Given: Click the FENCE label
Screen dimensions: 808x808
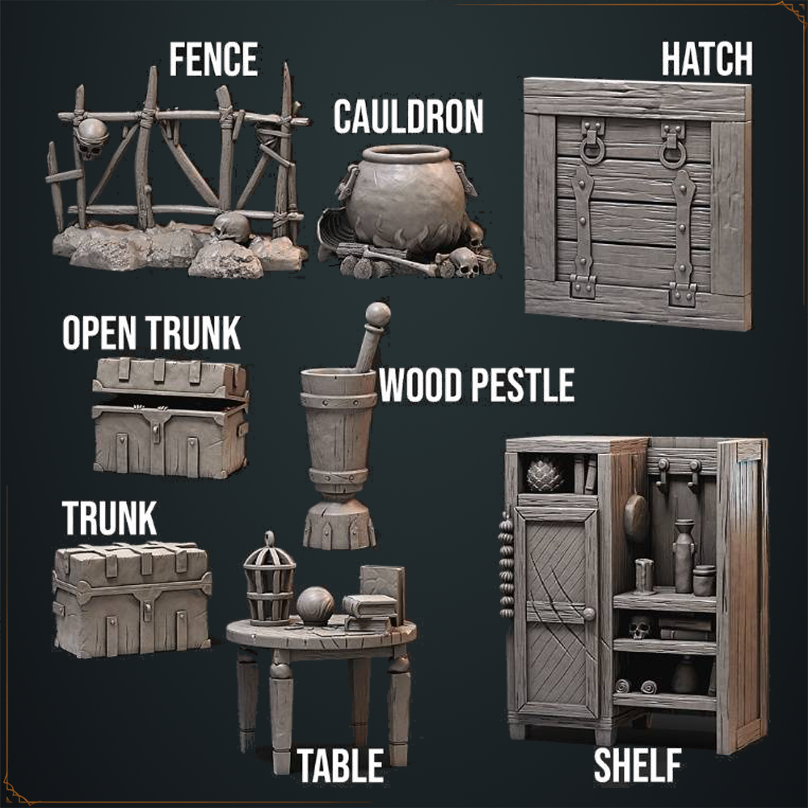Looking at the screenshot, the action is pos(213,59).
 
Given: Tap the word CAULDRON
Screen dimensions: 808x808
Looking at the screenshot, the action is pos(408,116).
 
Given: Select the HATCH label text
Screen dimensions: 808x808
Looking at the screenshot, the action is pos(706,59).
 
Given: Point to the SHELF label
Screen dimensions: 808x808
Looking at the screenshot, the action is pos(638,765).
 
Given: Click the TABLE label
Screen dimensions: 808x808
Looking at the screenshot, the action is pos(340,765).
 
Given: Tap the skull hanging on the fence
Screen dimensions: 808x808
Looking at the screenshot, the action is pos(91,137).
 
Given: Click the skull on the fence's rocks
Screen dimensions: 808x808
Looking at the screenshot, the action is pos(231,227).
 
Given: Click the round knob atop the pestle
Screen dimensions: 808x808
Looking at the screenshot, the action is pos(377,314).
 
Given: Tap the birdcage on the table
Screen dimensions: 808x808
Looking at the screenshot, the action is pos(269,579).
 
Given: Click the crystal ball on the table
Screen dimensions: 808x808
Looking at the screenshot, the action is pos(315,605).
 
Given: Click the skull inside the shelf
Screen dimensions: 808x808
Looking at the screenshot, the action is pos(639,628).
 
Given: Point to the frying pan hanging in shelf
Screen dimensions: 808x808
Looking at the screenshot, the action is pos(637,517).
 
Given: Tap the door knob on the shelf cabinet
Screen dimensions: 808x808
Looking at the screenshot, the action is pos(588,614).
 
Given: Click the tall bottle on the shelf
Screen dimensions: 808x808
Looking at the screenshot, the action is pos(684,556).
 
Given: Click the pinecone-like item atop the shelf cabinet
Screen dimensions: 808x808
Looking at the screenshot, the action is pos(545,474).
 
